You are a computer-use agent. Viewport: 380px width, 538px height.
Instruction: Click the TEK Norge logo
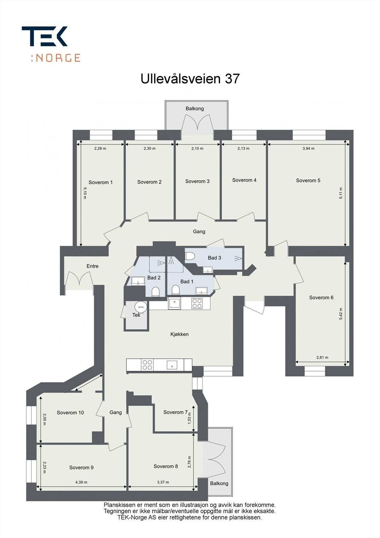pos(50,44)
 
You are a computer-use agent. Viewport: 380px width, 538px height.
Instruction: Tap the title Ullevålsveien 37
pos(190,79)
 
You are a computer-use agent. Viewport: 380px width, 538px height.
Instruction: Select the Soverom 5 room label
pos(308,181)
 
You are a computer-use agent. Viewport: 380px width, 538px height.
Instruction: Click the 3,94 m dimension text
pos(308,148)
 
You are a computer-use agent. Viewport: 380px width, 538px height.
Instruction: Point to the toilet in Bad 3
pos(190,256)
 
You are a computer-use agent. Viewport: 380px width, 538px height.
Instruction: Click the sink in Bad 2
pos(138,281)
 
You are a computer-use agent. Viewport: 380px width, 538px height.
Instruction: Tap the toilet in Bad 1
pos(175,290)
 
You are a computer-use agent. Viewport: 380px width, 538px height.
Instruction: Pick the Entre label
pos(92,266)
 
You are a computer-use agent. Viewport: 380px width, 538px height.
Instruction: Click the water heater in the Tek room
pos(140,306)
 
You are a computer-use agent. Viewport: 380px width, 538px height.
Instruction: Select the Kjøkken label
pos(179,334)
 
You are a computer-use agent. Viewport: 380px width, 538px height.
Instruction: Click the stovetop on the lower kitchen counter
pos(147,365)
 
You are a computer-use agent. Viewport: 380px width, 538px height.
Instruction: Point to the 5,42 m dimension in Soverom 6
pos(341,314)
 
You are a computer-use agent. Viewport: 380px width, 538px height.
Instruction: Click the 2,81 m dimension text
pos(322,357)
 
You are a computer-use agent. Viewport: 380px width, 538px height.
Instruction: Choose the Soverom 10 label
pos(70,413)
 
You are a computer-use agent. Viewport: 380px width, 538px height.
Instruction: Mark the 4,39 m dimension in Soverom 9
pos(81,482)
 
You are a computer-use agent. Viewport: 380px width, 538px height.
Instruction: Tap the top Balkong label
pos(195,109)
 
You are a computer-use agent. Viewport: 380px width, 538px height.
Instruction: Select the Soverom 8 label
pos(166,466)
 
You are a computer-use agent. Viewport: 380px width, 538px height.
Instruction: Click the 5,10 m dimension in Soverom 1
pos(85,193)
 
